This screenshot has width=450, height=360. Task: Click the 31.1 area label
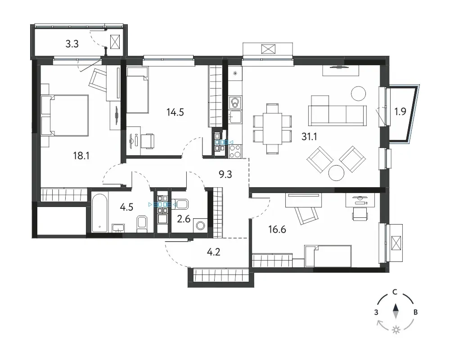[309, 137]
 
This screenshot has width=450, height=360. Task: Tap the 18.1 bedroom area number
[81, 156]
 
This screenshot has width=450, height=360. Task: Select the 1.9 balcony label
[400, 112]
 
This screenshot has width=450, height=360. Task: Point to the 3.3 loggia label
[72, 44]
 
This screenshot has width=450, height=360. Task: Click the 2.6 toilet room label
[184, 219]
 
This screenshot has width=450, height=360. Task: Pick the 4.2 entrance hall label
[213, 252]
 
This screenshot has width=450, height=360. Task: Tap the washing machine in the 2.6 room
[200, 225]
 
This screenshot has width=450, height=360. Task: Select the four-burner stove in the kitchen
[236, 151]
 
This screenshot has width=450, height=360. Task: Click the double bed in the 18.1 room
[65, 115]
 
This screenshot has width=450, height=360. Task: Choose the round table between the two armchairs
[336, 173]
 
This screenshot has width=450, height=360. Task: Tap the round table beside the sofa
[359, 94]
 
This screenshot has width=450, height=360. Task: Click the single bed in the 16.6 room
[328, 256]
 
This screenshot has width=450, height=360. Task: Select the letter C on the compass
[395, 292]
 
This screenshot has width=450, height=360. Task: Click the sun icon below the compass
[396, 330]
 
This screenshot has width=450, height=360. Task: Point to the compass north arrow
[396, 311]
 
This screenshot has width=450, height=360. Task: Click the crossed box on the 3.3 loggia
[115, 42]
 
